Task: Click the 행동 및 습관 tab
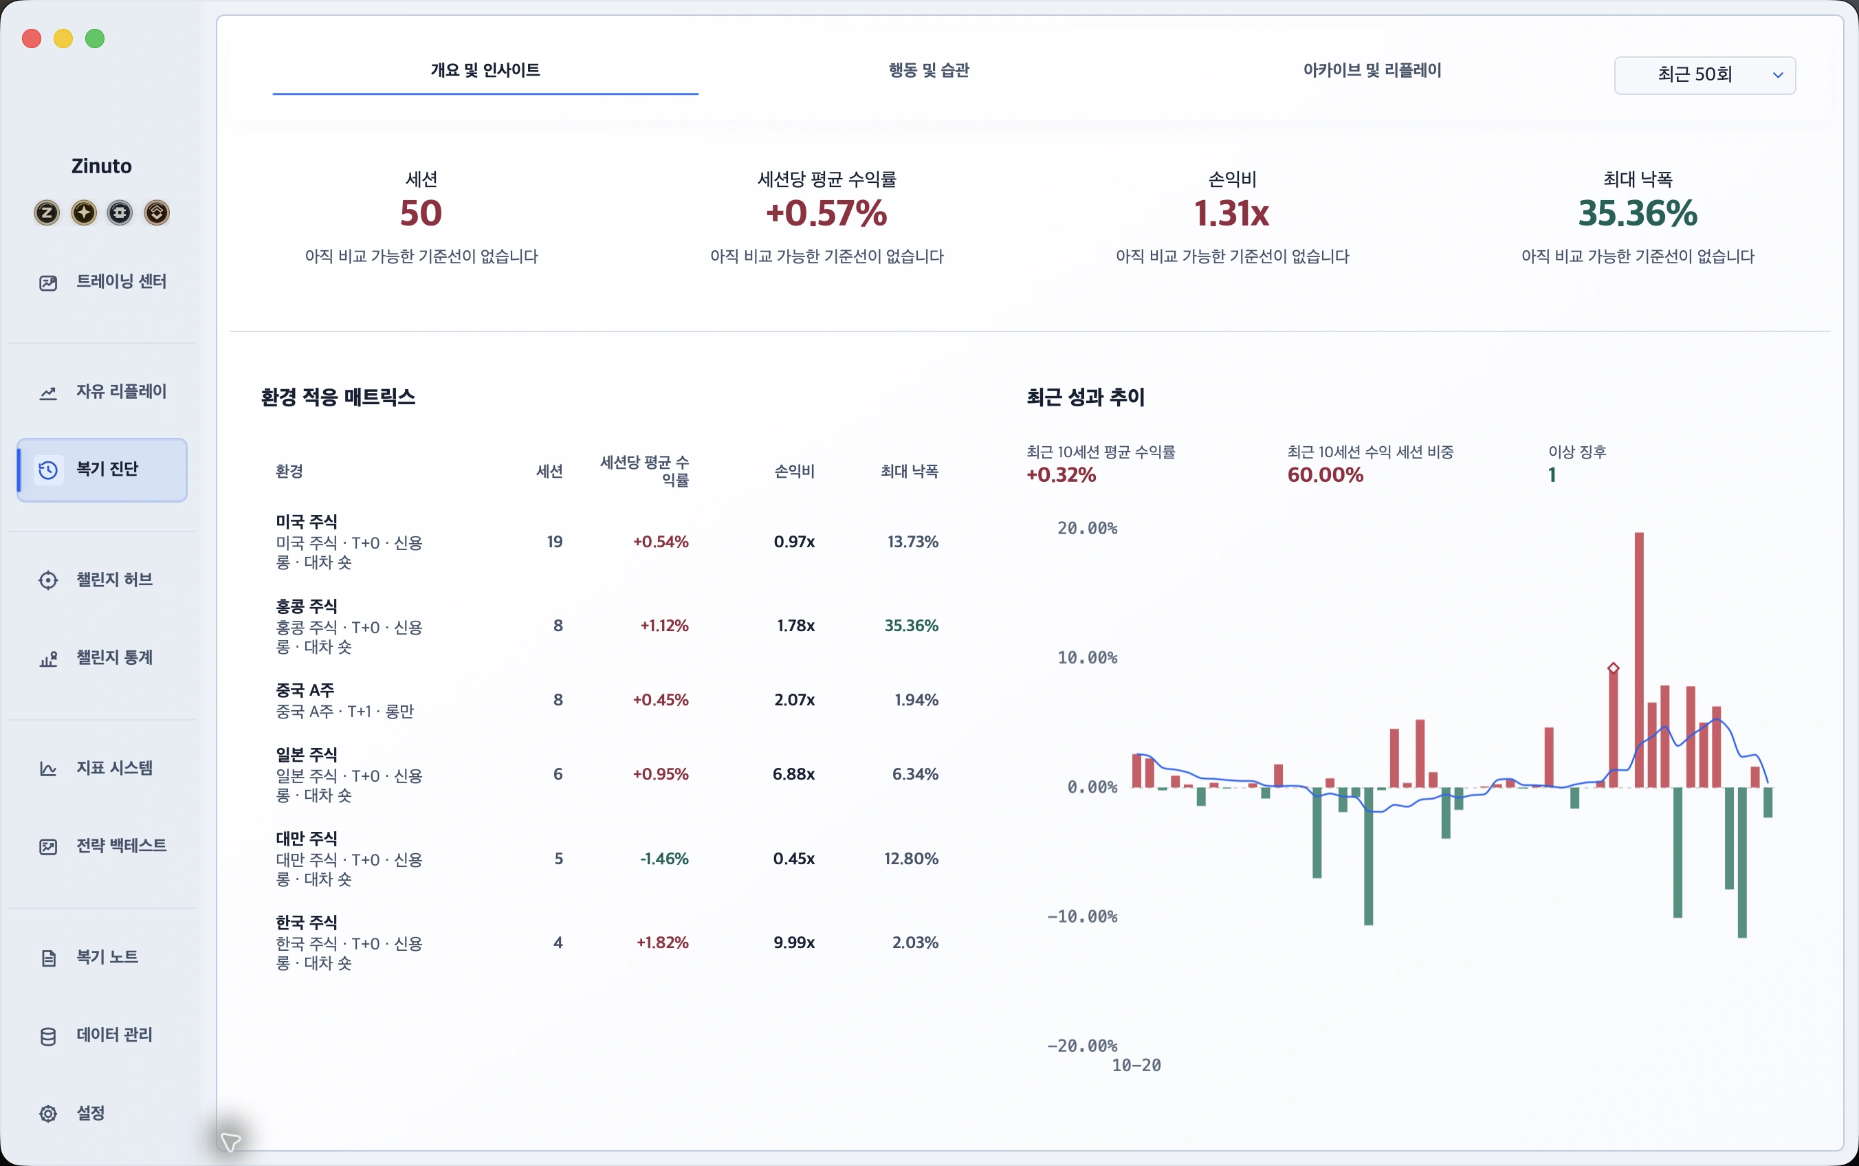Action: point(928,70)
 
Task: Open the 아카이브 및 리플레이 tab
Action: point(1372,70)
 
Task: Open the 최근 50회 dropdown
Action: point(1705,75)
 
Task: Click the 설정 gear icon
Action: point(48,1113)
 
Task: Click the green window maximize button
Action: point(95,38)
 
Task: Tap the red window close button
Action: point(32,38)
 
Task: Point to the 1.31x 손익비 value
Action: point(1231,214)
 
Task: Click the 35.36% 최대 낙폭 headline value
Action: point(1638,214)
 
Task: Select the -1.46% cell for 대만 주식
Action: point(664,858)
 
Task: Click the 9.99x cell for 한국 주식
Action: point(794,943)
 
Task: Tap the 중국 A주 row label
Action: point(305,690)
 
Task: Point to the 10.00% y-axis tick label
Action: point(1087,658)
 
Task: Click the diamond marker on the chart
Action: point(1613,668)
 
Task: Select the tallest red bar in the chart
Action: point(1638,659)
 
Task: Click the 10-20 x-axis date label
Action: point(1136,1065)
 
